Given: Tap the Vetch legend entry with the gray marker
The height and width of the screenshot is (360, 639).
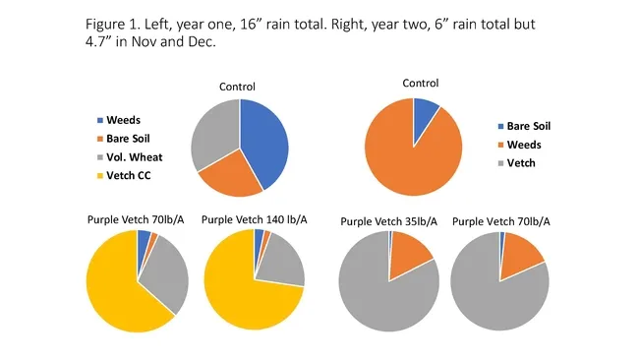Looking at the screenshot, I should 520,162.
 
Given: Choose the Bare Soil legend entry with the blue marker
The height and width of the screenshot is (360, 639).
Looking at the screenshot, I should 529,126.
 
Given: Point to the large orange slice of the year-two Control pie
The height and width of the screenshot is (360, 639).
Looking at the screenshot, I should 408,157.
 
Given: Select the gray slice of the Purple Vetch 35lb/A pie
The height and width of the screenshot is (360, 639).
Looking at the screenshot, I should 378,290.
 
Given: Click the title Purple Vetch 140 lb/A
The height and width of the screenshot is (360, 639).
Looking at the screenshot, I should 254,218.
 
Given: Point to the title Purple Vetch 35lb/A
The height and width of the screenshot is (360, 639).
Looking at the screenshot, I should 388,220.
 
